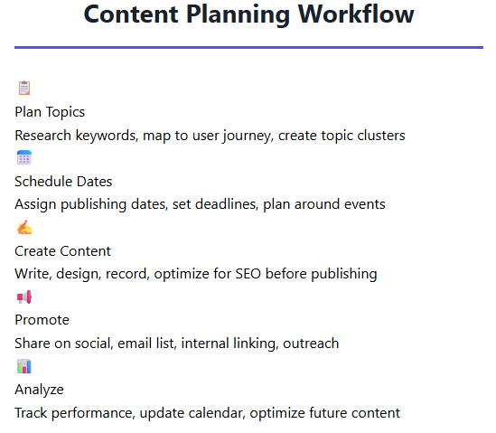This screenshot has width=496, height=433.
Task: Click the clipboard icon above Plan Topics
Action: [24, 88]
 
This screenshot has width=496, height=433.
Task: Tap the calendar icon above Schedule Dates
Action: [24, 157]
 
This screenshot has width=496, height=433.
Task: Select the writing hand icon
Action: [24, 227]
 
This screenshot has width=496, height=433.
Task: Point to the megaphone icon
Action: [24, 297]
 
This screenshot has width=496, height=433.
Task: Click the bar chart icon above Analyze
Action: [24, 366]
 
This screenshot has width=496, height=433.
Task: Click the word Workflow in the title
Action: [356, 14]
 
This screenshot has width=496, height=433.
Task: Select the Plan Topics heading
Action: [50, 112]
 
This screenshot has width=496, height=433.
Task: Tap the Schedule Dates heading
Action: [63, 182]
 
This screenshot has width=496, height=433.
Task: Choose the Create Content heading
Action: [62, 251]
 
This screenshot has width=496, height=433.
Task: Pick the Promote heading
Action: [42, 320]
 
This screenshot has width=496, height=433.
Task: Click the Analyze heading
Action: [39, 390]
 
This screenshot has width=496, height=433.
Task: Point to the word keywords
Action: [107, 136]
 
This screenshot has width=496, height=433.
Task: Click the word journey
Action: [248, 136]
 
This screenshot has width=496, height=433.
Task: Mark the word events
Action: [365, 204]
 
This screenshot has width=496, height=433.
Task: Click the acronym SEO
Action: [248, 274]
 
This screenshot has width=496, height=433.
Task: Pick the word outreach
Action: [311, 344]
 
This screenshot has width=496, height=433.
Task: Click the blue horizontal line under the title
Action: [248, 48]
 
